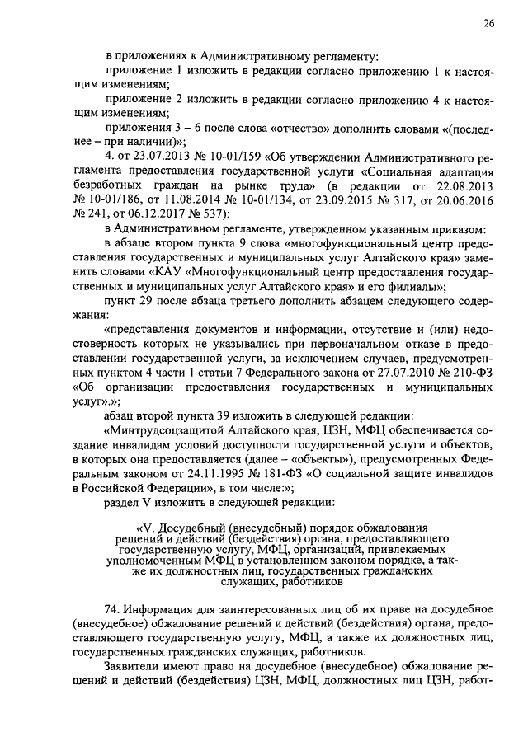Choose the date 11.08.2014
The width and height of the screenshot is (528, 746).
pyautogui.click(x=182, y=200)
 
